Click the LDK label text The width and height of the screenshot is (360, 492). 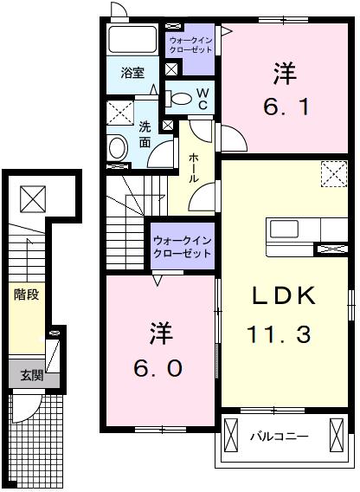pyautogui.click(x=284, y=295)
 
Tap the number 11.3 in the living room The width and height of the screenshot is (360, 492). pyautogui.click(x=280, y=334)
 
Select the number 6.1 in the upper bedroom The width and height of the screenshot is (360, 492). pyautogui.click(x=286, y=107)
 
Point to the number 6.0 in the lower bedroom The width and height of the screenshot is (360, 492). pyautogui.click(x=157, y=368)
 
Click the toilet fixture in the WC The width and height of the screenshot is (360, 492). pyautogui.click(x=178, y=99)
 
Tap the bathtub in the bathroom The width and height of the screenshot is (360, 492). pyautogui.click(x=132, y=39)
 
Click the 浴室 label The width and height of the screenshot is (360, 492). pyautogui.click(x=132, y=73)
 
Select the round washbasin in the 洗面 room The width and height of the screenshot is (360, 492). pyautogui.click(x=118, y=148)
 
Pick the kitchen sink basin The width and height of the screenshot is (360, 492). pyautogui.click(x=284, y=229)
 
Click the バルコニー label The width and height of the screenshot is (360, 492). pyautogui.click(x=280, y=437)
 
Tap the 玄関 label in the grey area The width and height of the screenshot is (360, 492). pyautogui.click(x=32, y=375)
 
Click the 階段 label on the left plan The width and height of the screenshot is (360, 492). pyautogui.click(x=26, y=295)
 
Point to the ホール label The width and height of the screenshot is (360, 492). pyautogui.click(x=194, y=168)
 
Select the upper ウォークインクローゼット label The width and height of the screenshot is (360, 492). pyautogui.click(x=191, y=45)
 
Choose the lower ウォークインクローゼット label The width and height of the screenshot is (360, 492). pyautogui.click(x=183, y=247)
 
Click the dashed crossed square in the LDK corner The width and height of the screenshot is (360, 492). pyautogui.click(x=334, y=174)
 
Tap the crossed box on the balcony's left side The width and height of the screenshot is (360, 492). pyautogui.click(x=231, y=435)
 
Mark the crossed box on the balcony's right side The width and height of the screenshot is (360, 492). pyautogui.click(x=337, y=435)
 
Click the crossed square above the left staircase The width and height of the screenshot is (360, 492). pyautogui.click(x=33, y=198)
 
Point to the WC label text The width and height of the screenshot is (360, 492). pyautogui.click(x=202, y=99)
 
